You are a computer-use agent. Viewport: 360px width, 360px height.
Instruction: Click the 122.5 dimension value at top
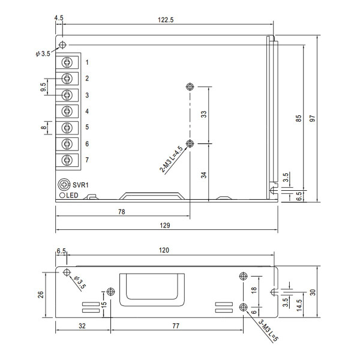pyautogui.click(x=166, y=20)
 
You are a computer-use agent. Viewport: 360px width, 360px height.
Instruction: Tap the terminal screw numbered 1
pyautogui.click(x=67, y=62)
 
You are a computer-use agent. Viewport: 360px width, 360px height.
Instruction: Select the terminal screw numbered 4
pyautogui.click(x=67, y=111)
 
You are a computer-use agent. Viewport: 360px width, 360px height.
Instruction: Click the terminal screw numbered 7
pyautogui.click(x=67, y=160)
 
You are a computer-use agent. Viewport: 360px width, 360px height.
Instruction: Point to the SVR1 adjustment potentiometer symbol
pyautogui.click(x=64, y=184)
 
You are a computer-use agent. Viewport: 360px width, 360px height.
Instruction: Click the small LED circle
pyautogui.click(x=62, y=196)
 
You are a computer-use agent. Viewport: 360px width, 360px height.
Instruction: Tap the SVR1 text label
pyautogui.click(x=80, y=185)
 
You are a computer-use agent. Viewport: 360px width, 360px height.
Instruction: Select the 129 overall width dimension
pyautogui.click(x=165, y=225)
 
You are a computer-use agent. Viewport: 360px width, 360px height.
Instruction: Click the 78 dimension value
pyautogui.click(x=122, y=212)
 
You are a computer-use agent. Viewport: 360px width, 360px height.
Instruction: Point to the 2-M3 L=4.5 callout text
pyautogui.click(x=171, y=159)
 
